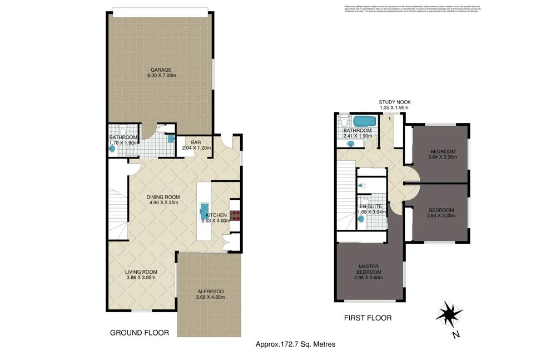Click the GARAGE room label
159,70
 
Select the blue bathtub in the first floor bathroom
365,121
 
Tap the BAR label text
196,142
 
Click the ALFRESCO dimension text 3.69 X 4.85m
210,297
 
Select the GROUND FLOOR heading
139,333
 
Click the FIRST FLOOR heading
368,318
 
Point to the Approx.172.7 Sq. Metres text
295,344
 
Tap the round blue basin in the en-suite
362,219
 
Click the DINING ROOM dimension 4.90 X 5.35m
162,203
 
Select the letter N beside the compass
455,334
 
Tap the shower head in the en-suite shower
361,185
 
